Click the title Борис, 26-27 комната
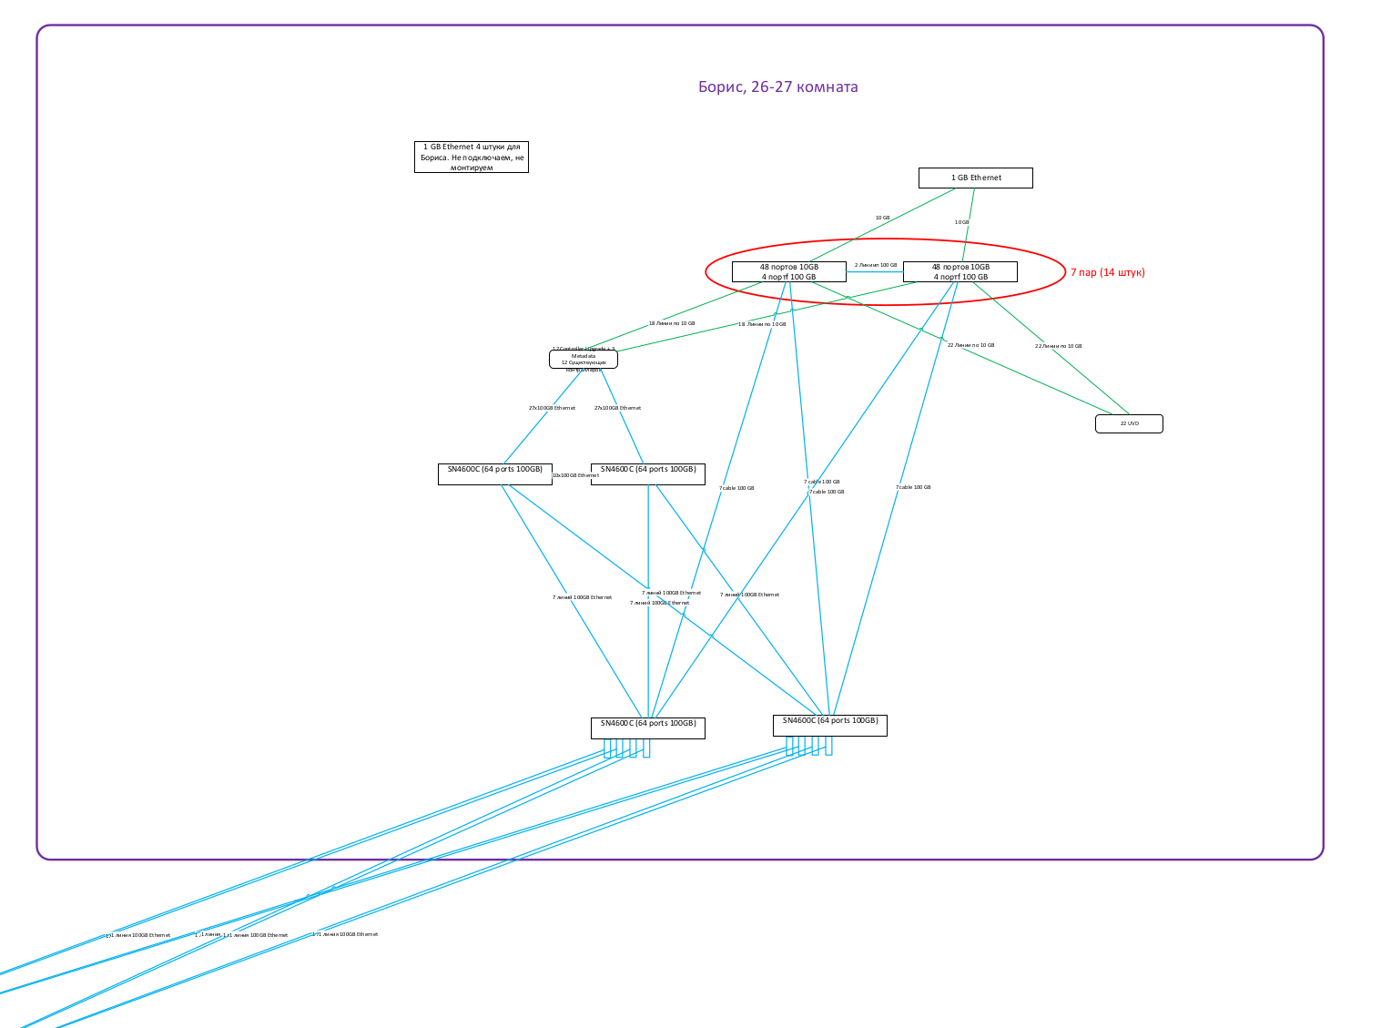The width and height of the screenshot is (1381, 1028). [777, 87]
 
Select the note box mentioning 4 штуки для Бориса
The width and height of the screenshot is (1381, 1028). [471, 157]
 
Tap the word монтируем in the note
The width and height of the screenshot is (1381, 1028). [471, 168]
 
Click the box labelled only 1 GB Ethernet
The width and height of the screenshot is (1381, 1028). [975, 178]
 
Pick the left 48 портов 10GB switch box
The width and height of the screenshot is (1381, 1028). [788, 272]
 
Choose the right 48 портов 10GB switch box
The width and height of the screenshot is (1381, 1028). [960, 272]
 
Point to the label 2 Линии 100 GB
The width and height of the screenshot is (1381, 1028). [875, 265]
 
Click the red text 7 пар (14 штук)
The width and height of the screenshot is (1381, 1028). [1107, 272]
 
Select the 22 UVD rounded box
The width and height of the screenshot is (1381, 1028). [1129, 423]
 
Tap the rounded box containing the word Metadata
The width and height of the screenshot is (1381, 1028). [583, 360]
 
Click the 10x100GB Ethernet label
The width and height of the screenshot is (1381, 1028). [575, 475]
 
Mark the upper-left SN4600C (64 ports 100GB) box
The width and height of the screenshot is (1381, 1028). [494, 473]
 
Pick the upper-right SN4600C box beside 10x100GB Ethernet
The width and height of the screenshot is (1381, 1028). [647, 473]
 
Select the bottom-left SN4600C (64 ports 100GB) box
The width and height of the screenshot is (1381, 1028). [647, 728]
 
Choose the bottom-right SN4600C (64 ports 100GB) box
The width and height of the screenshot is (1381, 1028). [829, 725]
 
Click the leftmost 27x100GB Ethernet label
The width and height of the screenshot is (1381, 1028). [552, 408]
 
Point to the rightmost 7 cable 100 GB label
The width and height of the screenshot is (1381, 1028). [912, 487]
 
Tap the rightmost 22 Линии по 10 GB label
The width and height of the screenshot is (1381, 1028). [1058, 346]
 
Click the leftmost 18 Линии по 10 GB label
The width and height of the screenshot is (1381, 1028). [671, 323]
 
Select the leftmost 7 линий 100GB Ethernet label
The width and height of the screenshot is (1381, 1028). [582, 597]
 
